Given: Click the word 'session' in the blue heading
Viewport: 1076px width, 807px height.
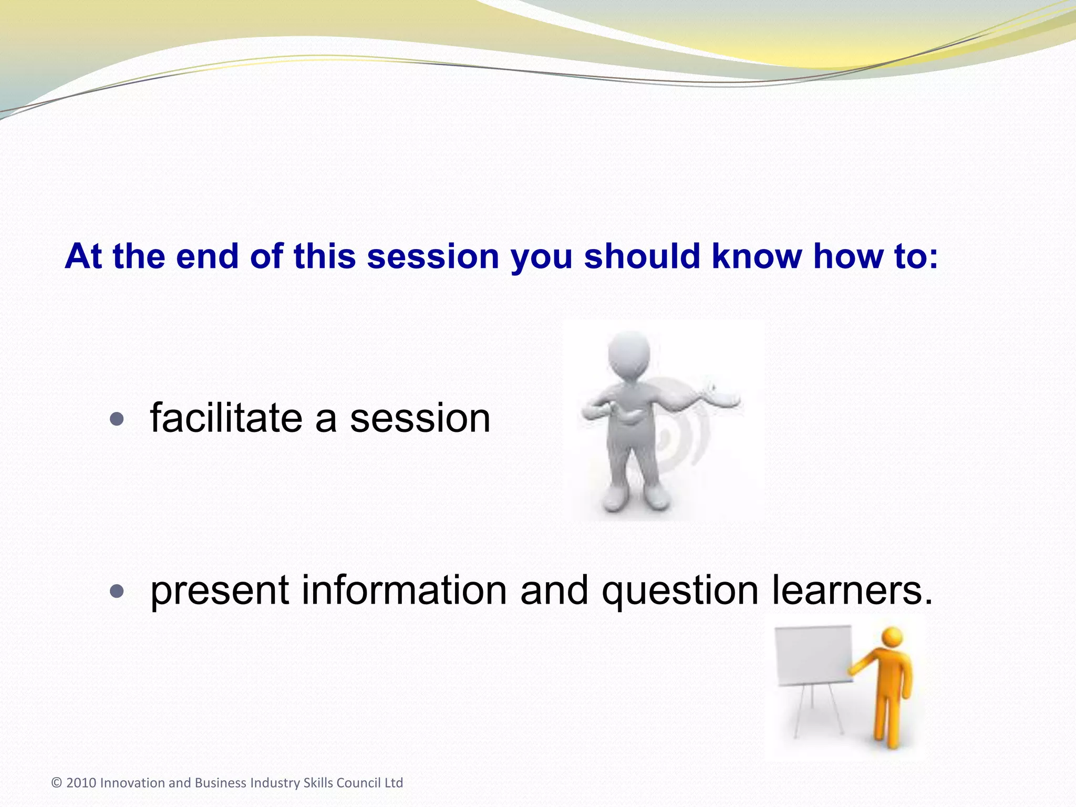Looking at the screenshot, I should click(432, 256).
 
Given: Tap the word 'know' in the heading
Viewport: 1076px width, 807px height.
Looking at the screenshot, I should click(757, 256).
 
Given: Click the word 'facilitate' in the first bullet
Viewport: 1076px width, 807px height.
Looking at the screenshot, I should click(226, 418).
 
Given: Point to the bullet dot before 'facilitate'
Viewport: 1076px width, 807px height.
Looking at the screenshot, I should click(117, 419).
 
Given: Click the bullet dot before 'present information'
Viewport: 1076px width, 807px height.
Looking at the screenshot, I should click(117, 592).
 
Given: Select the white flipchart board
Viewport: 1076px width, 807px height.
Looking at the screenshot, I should click(813, 655).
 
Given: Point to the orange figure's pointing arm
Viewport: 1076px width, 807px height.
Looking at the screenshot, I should click(867, 662).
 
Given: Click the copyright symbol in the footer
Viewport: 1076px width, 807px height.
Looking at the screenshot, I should click(57, 783).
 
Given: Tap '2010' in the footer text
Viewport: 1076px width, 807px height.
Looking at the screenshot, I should click(81, 783).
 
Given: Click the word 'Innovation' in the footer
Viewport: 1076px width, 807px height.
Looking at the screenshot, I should click(132, 783).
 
